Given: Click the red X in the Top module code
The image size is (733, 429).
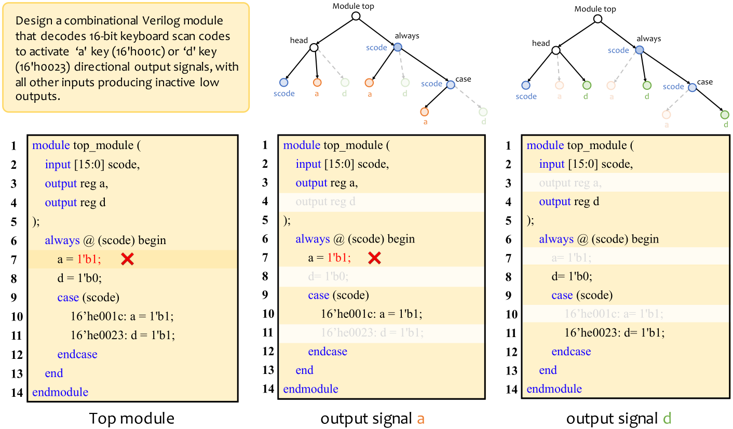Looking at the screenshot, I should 127,260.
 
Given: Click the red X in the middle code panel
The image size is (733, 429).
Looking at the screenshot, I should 375,258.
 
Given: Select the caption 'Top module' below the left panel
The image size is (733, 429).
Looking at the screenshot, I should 132,419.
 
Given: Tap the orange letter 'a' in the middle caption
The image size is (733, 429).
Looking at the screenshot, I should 421,419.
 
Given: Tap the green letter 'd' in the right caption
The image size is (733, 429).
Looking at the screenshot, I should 667,419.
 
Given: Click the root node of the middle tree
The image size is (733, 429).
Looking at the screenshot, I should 356,16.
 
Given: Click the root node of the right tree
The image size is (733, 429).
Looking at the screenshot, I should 598,19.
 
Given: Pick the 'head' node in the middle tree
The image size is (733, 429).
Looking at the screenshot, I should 314,48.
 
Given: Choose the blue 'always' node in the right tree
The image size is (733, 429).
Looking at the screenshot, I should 640,50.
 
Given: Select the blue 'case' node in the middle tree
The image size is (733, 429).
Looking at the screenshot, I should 450,84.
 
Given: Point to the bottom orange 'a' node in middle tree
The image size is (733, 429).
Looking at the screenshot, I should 425,112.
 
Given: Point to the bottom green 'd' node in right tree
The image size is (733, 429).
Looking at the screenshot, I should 725,115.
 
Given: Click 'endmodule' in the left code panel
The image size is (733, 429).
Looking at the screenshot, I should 60,392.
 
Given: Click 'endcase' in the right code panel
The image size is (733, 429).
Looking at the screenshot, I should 571,352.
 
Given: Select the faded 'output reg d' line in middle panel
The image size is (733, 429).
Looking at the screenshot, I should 325,202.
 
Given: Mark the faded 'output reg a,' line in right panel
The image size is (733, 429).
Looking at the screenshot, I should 571,183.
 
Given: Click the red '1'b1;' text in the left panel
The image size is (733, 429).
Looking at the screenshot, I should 89,260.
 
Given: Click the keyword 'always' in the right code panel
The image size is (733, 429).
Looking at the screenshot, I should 556,239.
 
